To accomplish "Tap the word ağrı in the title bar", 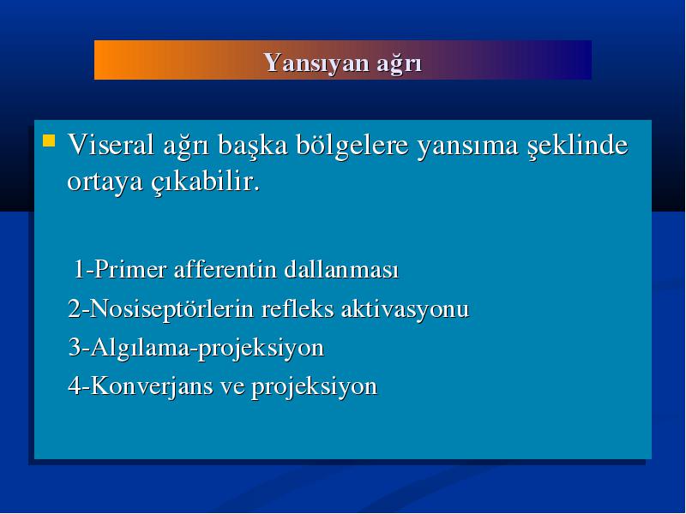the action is click(x=399, y=63).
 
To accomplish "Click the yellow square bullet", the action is click(x=49, y=140).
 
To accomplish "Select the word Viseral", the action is click(x=111, y=144).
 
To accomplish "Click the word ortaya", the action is click(x=105, y=182).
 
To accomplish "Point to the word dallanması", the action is click(x=341, y=269).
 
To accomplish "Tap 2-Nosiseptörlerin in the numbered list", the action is click(x=161, y=309).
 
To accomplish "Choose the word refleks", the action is click(x=297, y=308).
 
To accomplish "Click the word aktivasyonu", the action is click(x=405, y=309).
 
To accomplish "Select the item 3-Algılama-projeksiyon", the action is click(x=196, y=349).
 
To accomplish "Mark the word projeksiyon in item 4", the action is click(x=314, y=388).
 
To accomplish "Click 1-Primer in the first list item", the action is click(x=120, y=269).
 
